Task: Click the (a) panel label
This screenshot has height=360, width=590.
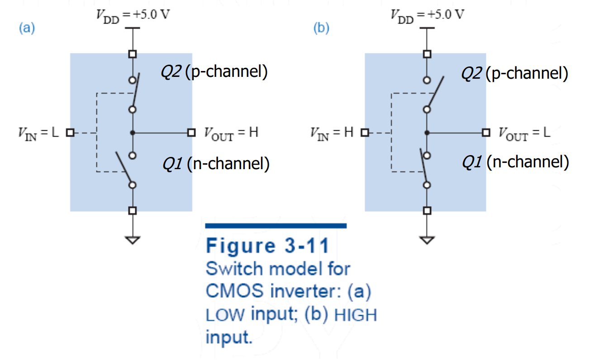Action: tap(27, 28)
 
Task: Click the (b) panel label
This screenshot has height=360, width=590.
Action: tap(321, 28)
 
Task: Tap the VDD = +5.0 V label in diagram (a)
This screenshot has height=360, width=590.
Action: tap(133, 16)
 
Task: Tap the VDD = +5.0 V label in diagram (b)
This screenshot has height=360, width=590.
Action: tap(427, 16)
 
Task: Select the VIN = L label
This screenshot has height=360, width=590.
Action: tap(38, 133)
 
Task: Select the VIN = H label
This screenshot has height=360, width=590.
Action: tap(332, 133)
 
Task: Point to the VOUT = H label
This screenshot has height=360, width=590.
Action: tap(231, 133)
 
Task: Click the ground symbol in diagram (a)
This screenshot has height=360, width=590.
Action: tap(133, 240)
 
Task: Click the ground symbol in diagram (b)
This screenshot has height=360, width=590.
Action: tap(427, 240)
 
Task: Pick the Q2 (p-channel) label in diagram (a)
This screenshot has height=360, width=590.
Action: tap(214, 72)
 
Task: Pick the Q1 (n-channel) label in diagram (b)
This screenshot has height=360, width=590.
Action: tap(516, 162)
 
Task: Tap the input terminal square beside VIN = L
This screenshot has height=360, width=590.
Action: tap(70, 133)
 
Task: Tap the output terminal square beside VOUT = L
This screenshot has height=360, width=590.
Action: tap(486, 133)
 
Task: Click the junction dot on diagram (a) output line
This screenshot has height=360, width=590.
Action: tap(133, 133)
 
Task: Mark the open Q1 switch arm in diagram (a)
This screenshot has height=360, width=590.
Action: tap(124, 168)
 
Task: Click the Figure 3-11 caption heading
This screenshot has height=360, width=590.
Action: tap(267, 246)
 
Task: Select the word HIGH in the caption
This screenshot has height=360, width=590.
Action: tap(356, 315)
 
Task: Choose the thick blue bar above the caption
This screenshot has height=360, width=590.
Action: tap(276, 226)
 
